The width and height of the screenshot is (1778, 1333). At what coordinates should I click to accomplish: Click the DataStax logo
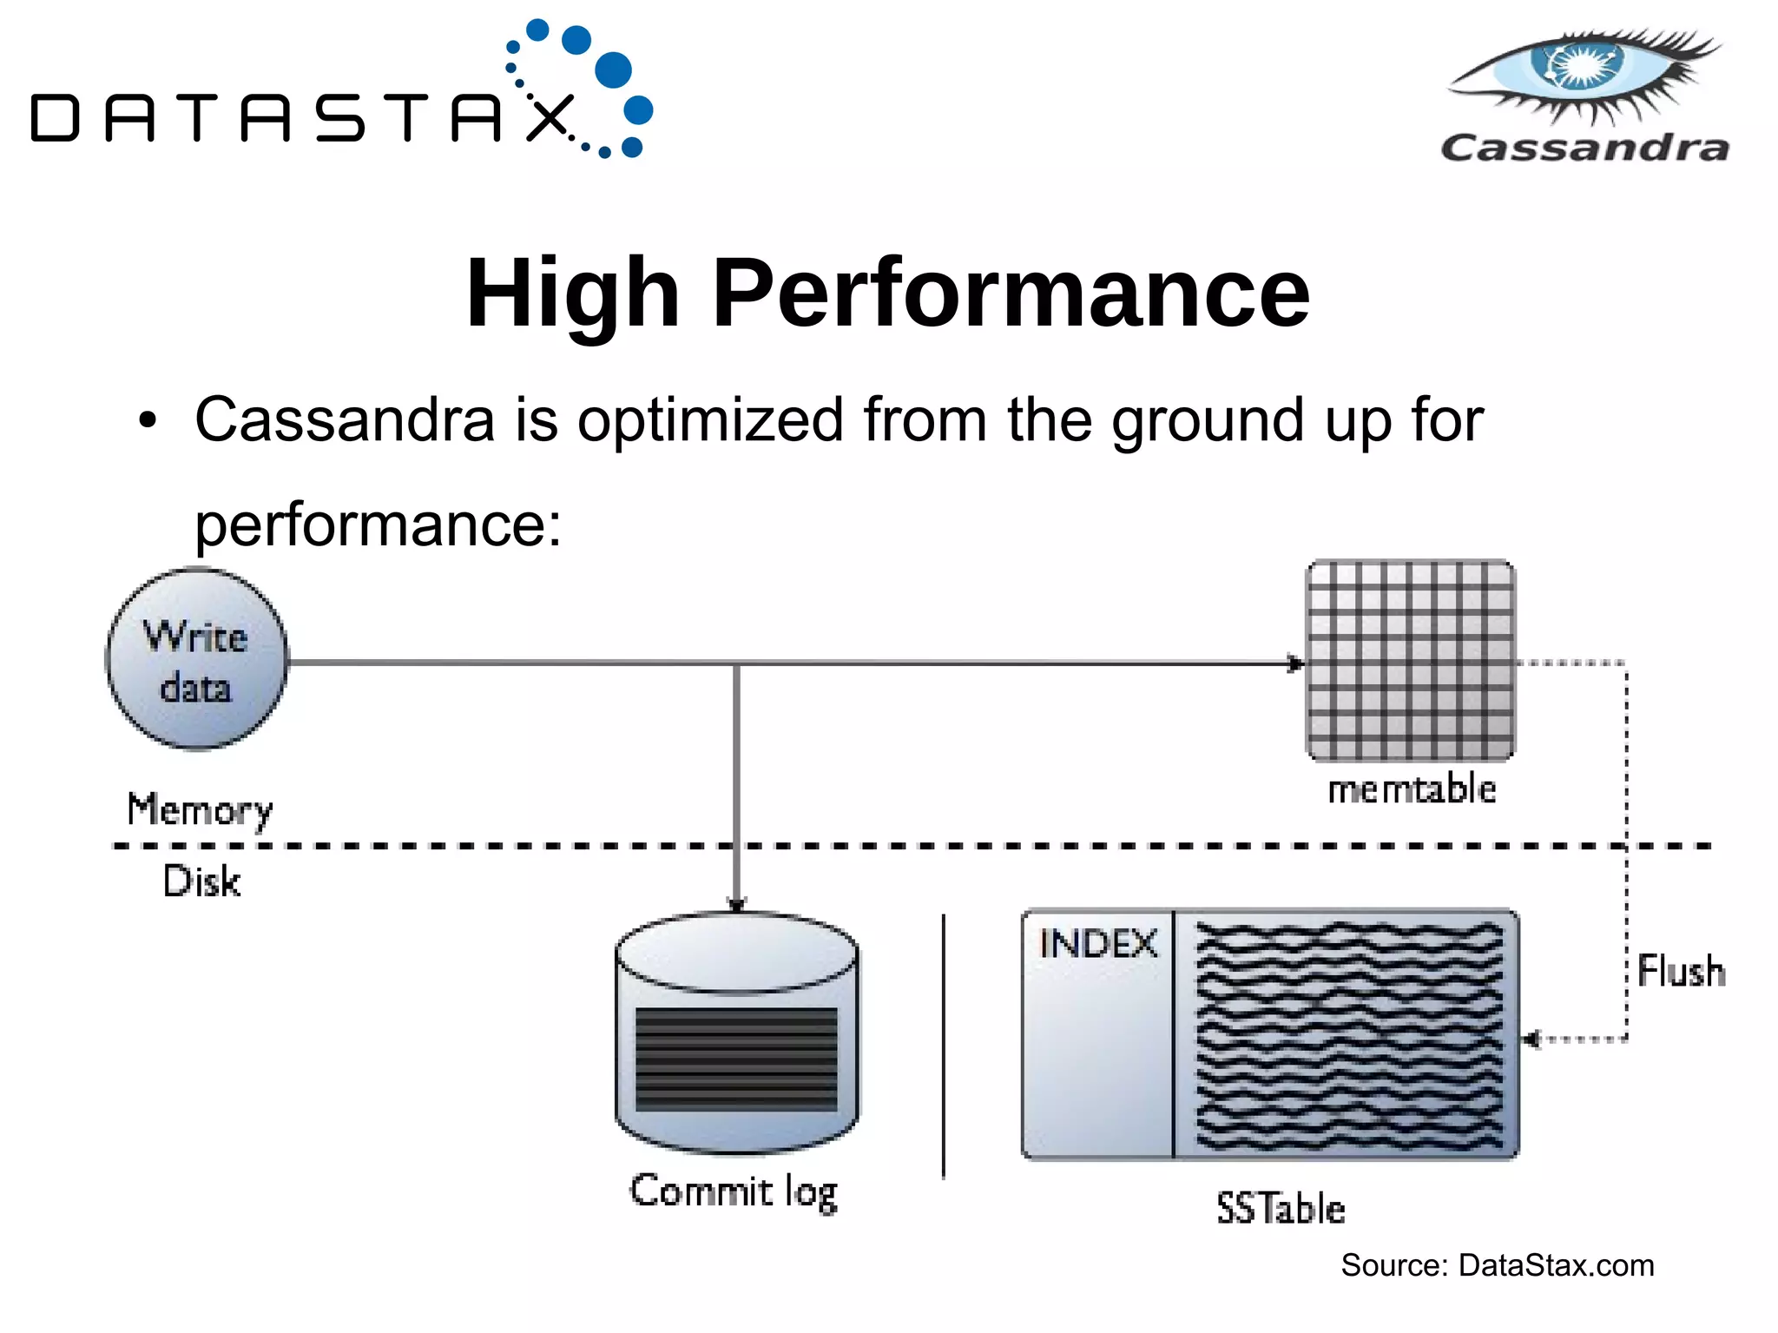[339, 96]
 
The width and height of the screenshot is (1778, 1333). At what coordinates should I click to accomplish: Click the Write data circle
[197, 660]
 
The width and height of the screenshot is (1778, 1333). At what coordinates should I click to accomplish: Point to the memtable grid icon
[1411, 661]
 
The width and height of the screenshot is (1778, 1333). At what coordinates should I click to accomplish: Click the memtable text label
[1412, 789]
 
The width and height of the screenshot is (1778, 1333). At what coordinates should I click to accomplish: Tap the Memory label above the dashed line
[200, 809]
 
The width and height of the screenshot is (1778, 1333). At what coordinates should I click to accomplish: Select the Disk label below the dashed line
[201, 881]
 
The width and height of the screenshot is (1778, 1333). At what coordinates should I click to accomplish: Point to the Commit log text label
[734, 1191]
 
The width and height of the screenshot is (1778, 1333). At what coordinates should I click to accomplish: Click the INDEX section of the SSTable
[1098, 1033]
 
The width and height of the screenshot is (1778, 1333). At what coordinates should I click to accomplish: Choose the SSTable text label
[1281, 1208]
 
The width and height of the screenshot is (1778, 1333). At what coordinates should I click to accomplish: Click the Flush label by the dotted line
[1681, 971]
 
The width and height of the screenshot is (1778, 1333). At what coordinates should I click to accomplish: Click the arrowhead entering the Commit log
[736, 905]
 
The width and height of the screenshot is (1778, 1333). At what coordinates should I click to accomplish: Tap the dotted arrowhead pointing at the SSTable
[1531, 1039]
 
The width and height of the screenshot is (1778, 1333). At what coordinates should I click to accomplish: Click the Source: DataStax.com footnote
[1497, 1265]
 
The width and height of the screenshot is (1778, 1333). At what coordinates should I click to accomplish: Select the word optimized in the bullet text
[710, 420]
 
